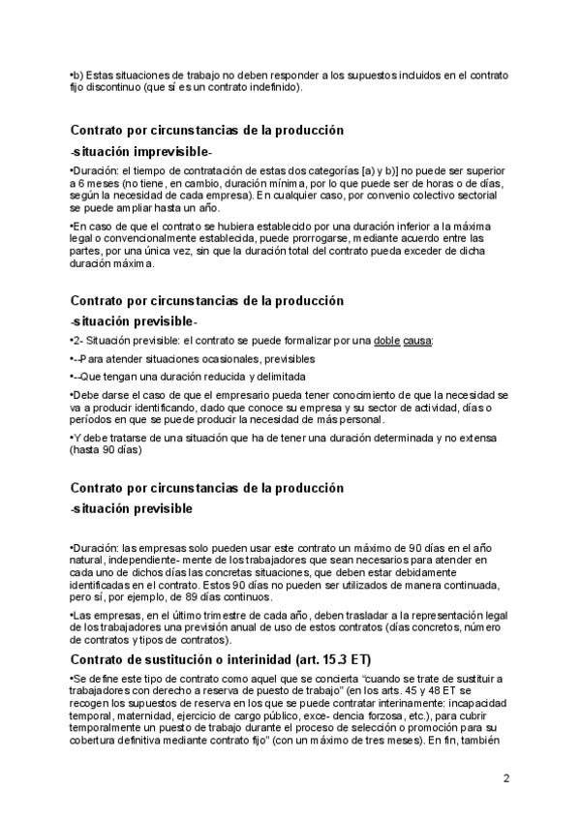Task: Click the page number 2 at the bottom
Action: click(506, 777)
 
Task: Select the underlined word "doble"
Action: click(388, 341)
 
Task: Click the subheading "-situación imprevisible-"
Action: click(141, 152)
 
